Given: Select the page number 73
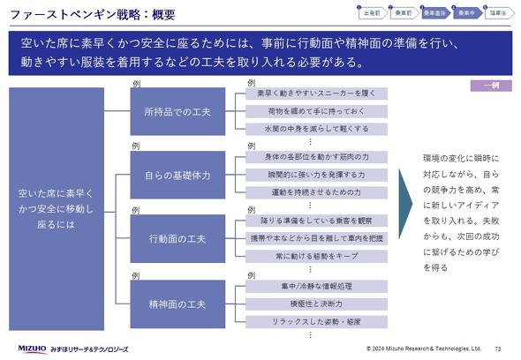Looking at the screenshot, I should (x=499, y=349).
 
